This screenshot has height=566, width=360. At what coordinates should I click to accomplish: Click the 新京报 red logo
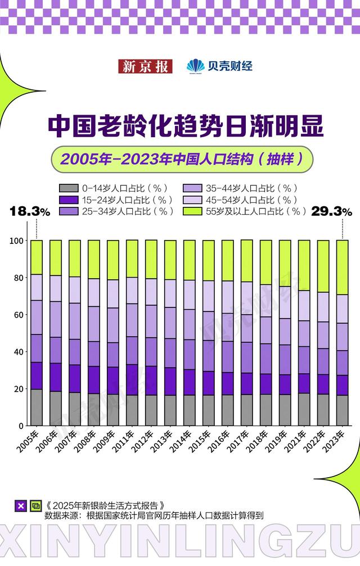pos(145,66)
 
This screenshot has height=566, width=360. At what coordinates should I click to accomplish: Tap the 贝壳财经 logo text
pos(220,66)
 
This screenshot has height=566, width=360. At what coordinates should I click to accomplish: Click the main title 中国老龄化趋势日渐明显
pos(185,126)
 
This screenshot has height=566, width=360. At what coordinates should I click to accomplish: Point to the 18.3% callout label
pos(30,211)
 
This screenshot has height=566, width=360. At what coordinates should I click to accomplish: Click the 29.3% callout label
pos(332,211)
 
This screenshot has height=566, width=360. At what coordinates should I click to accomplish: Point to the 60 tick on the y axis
pos(19,315)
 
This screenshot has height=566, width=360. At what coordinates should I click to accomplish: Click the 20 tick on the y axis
pos(19,389)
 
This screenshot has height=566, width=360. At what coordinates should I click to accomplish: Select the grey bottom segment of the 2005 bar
pos(37,407)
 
